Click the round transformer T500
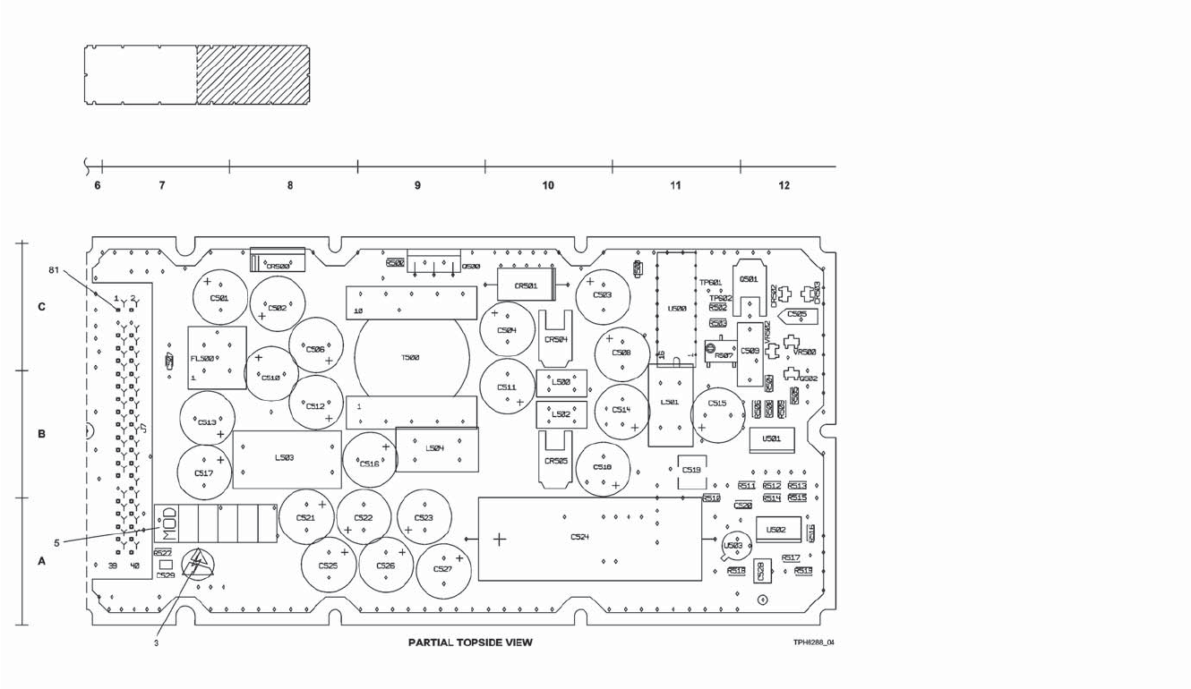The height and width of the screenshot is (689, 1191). (x=411, y=357)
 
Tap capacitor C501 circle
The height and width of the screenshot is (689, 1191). (x=219, y=298)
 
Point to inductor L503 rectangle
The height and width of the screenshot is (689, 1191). (x=287, y=459)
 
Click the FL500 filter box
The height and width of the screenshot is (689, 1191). (x=217, y=357)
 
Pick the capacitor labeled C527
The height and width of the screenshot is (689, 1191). (x=442, y=569)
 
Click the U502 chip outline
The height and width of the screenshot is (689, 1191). (x=777, y=530)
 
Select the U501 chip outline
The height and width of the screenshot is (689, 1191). (x=772, y=439)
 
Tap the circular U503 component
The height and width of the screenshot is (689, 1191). (x=733, y=545)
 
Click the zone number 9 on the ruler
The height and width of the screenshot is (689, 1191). (x=417, y=186)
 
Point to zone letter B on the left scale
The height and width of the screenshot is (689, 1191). (x=41, y=434)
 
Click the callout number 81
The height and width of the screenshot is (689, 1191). (x=54, y=269)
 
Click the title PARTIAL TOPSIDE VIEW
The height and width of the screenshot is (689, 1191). (x=470, y=642)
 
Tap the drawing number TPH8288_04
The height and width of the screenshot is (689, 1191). (x=813, y=642)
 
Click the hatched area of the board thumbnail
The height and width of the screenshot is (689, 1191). (x=253, y=75)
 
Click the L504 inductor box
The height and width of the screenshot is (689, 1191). (x=436, y=448)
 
